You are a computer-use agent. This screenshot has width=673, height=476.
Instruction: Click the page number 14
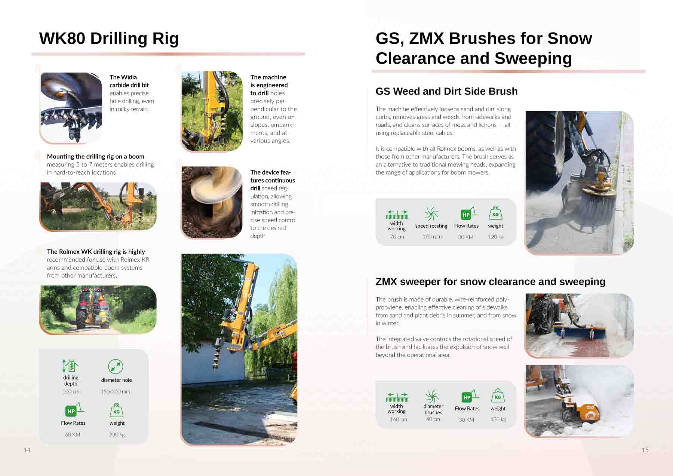click(27, 450)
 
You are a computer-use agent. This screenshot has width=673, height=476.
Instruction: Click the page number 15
click(645, 450)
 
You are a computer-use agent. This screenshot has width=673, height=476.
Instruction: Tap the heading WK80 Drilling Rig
click(109, 39)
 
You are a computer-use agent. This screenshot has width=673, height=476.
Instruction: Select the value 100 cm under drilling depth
click(71, 391)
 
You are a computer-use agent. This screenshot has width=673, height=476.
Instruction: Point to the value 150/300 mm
click(115, 391)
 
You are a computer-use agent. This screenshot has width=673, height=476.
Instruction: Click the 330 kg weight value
click(117, 434)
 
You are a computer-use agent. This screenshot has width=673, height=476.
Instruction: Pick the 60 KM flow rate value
click(73, 434)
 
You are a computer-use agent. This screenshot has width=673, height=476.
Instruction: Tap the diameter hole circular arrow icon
click(116, 366)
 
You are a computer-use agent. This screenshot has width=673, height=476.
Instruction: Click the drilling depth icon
click(70, 366)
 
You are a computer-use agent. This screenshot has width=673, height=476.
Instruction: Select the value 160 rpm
click(432, 237)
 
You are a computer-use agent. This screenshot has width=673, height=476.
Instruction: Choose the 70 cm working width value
click(397, 237)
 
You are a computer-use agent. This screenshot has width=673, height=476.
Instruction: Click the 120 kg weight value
click(496, 237)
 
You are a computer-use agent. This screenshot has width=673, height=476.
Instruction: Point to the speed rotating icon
click(431, 214)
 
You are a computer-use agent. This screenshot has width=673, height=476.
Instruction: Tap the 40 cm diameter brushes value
click(433, 419)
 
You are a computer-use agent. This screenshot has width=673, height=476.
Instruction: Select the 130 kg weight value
click(498, 419)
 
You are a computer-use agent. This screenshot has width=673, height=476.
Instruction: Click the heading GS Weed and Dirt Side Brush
click(446, 91)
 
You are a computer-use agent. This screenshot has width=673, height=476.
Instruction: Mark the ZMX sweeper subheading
click(490, 282)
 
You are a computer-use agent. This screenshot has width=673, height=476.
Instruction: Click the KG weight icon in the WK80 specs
click(116, 410)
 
